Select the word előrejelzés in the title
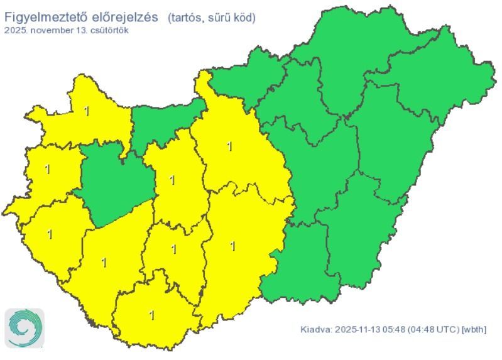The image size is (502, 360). [125, 18]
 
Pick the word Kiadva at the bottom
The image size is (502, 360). [316, 329]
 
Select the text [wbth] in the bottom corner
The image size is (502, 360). [474, 329]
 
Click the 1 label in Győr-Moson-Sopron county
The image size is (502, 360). [86, 111]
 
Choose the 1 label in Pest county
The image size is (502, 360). [229, 146]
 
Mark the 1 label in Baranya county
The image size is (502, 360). [151, 315]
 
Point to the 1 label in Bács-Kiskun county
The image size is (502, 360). [232, 246]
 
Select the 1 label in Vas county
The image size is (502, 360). [47, 169]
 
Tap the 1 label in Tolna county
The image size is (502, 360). [173, 249]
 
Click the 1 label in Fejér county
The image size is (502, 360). [172, 181]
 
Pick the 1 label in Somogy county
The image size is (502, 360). [104, 262]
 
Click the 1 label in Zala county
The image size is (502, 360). [50, 234]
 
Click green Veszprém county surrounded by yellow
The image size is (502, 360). [116, 182]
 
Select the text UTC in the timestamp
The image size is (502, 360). [445, 329]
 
